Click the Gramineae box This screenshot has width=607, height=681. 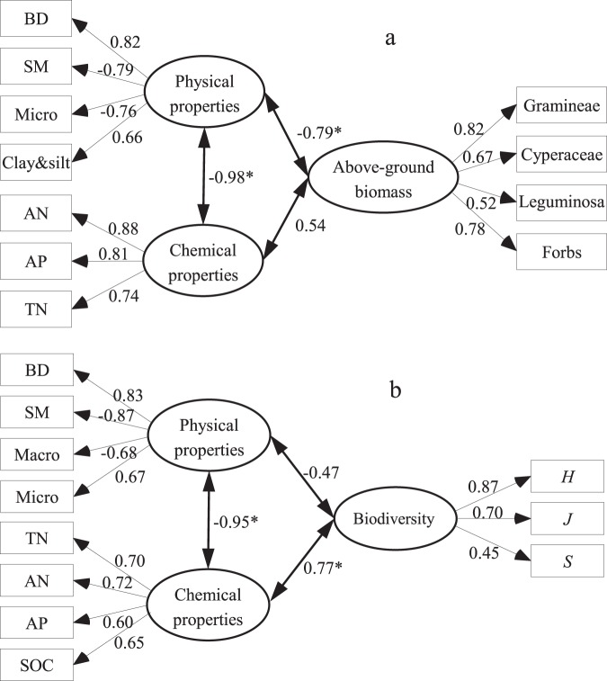(560, 111)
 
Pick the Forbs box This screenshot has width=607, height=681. (560, 253)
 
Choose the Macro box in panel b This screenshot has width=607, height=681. (36, 454)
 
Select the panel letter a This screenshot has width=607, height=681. (389, 39)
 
